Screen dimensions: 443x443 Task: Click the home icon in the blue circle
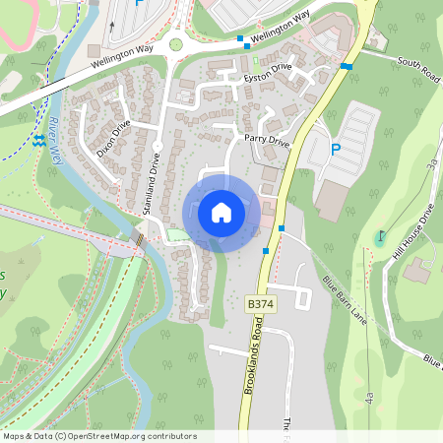(x=221, y=213)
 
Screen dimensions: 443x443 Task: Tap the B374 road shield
(x=259, y=305)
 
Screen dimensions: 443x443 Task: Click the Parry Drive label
(x=267, y=142)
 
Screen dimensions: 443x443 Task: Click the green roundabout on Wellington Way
(x=175, y=43)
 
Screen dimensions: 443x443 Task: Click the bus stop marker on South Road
(x=346, y=66)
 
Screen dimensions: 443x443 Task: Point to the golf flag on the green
(x=381, y=237)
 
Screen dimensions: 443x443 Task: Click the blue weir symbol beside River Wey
(x=38, y=142)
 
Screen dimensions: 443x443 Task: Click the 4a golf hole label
(x=368, y=398)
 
